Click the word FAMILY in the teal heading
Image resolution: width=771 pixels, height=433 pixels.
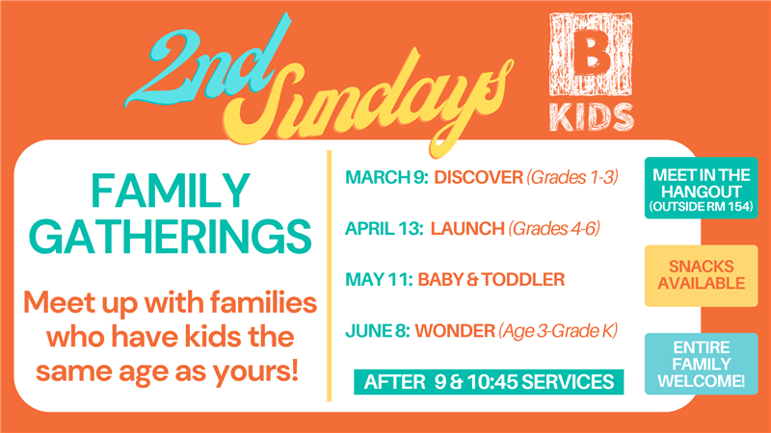point(171,191)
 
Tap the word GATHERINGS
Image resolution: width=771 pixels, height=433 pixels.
point(171,237)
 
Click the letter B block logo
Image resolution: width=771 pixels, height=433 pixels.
point(591,54)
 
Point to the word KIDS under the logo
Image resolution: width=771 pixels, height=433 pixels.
point(592,117)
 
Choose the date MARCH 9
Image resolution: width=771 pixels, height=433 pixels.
point(387,177)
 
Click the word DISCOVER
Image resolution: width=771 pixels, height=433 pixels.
point(478,177)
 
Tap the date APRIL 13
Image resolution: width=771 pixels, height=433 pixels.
point(385,229)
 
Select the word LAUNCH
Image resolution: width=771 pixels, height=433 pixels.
point(467,229)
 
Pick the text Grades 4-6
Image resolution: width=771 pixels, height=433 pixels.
point(554,229)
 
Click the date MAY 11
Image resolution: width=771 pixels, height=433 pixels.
point(379,280)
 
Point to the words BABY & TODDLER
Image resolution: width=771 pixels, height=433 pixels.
point(492,280)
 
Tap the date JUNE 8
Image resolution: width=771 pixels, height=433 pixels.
point(378,331)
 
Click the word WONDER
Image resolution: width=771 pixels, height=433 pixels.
point(455,331)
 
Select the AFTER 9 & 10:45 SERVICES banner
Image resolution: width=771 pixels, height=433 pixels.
point(489,382)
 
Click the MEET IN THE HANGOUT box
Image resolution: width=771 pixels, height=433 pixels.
point(702,188)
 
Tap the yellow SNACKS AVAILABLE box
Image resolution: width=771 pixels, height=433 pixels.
point(702,275)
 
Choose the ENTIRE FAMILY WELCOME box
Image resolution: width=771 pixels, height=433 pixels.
point(702,364)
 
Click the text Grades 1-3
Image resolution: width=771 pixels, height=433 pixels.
point(572,177)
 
